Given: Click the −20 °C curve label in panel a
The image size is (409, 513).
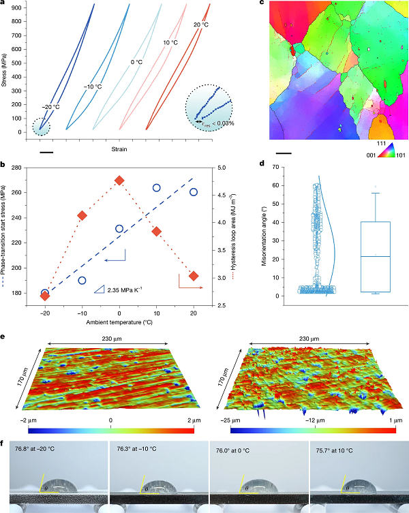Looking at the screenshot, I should pyautogui.click(x=50, y=106).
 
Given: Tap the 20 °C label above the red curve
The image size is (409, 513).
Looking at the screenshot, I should pyautogui.click(x=200, y=25).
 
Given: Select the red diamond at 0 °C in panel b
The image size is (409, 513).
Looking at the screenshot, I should pyautogui.click(x=119, y=181).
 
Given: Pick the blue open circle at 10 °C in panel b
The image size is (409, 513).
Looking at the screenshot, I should pyautogui.click(x=156, y=187).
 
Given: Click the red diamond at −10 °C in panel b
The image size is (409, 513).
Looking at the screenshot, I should pyautogui.click(x=82, y=216).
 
